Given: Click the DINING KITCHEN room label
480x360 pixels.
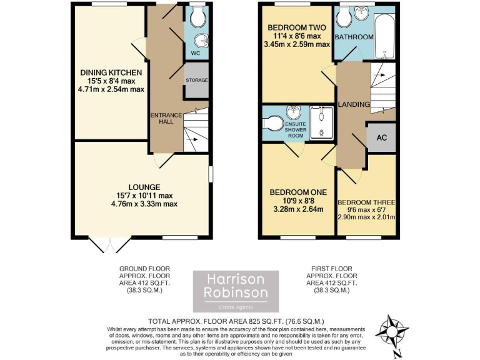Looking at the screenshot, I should point(111,72).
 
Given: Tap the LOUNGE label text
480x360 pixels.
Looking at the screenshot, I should point(144,187).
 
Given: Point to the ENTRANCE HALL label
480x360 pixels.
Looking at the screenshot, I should point(166,118).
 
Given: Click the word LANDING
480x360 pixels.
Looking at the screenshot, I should point(353,104).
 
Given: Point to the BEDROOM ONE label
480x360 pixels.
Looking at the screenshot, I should point(298,192).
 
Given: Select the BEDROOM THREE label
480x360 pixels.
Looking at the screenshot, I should point(366,202).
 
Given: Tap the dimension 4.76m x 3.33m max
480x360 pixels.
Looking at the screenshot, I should point(144,204).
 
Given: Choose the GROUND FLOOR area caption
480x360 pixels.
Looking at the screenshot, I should point(144,279).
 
